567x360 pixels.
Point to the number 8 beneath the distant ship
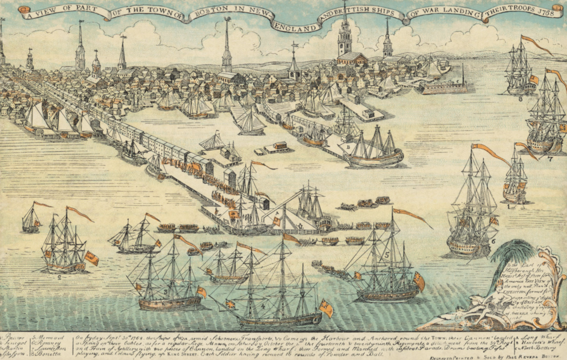coord(520,99)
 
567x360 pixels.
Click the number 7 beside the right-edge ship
coord(550,159)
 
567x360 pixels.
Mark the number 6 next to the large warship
coord(493,241)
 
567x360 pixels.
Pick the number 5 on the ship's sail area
coord(388,255)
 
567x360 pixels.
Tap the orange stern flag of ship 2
coord(91,258)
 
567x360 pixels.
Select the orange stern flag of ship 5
coord(419,281)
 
